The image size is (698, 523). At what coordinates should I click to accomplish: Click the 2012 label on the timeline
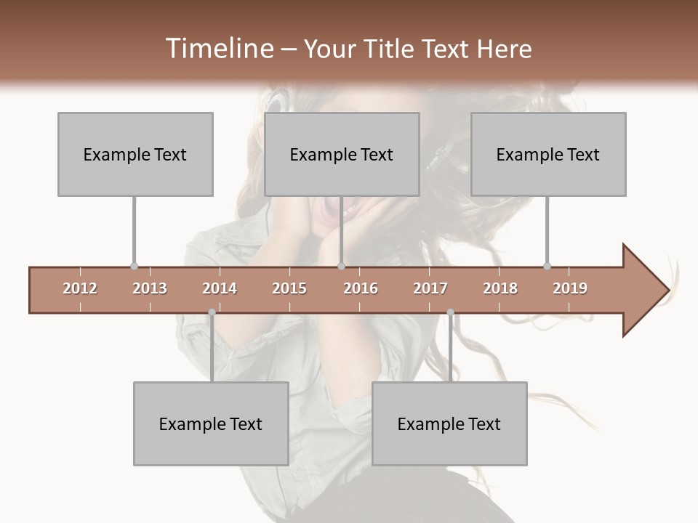tap(80, 288)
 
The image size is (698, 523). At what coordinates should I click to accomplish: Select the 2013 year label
tap(150, 288)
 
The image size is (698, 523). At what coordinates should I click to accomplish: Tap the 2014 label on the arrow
tap(220, 288)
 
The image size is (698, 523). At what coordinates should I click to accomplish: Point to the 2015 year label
tap(289, 288)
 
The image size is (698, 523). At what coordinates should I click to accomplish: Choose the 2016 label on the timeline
tap(361, 288)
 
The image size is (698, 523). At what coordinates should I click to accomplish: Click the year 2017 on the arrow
tap(430, 288)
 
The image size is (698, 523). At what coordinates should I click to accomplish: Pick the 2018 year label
tap(500, 288)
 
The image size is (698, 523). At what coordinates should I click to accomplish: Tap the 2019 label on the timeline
tap(570, 288)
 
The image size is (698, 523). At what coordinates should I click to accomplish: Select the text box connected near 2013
tap(135, 154)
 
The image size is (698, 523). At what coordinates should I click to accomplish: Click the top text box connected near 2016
tap(342, 154)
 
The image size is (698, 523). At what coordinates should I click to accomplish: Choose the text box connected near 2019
tap(548, 154)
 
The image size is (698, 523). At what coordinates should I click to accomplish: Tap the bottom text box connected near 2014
tap(211, 423)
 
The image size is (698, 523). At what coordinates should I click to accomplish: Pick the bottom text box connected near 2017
tap(449, 423)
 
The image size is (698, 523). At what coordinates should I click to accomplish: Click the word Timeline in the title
tap(218, 49)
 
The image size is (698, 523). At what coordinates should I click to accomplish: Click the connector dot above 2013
tap(134, 267)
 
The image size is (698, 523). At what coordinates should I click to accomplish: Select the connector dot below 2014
tap(212, 312)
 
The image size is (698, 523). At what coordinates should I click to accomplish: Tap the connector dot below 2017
tap(450, 312)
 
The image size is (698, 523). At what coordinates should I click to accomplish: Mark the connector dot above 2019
tap(547, 267)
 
